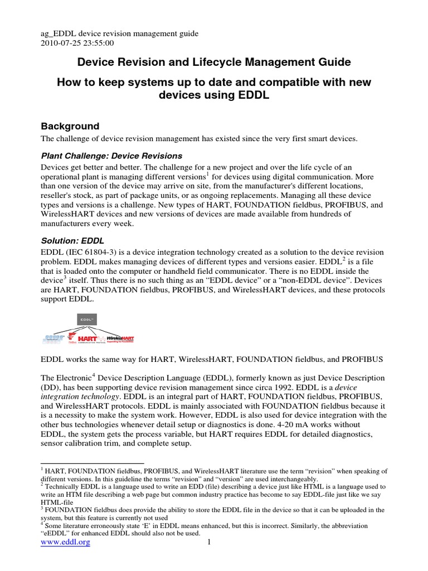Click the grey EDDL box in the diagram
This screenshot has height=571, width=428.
(x=86, y=320)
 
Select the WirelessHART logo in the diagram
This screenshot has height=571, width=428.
(x=120, y=338)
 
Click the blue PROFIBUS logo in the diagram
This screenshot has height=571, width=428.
(x=53, y=338)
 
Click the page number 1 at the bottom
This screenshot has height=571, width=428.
(x=208, y=543)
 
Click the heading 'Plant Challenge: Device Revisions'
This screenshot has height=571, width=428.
(x=112, y=156)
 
